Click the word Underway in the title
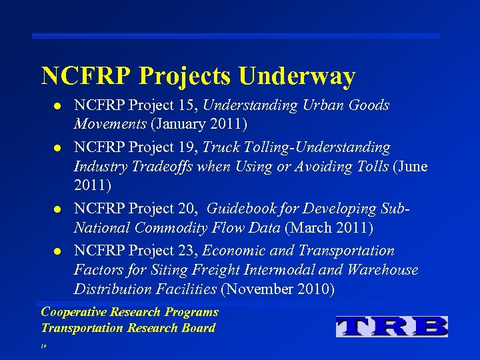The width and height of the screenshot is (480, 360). (296, 76)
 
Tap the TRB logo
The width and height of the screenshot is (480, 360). (391, 326)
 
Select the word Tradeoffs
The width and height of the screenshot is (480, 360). (163, 165)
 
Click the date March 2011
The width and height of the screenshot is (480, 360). (329, 228)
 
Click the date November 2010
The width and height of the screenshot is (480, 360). (278, 290)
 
